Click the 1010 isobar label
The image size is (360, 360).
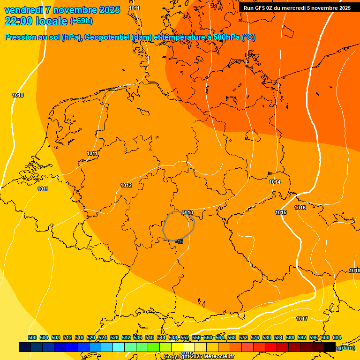[18, 96]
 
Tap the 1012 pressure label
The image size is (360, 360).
[126, 186]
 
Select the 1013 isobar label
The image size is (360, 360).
[187, 213]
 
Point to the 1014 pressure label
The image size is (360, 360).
[275, 182]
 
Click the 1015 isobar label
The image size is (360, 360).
[281, 213]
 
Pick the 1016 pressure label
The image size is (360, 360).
[300, 208]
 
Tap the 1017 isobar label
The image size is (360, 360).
[302, 319]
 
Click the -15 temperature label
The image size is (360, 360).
[180, 241]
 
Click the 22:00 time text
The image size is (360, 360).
[18, 21]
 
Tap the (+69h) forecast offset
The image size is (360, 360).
[81, 22]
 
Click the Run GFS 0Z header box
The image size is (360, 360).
[297, 8]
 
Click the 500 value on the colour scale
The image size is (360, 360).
[32, 337]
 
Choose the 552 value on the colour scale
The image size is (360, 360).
[185, 337]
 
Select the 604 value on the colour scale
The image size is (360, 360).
[337, 337]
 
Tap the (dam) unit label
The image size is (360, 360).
[347, 348]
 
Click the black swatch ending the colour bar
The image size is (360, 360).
[330, 347]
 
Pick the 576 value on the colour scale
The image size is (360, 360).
[255, 337]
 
